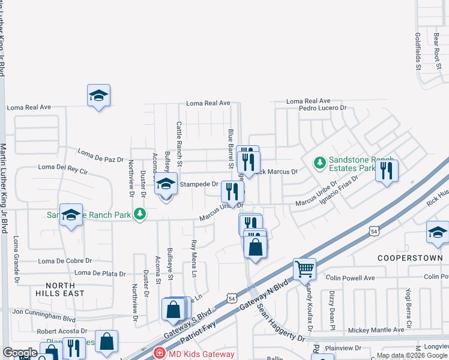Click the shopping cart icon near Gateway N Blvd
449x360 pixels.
coord(305,269)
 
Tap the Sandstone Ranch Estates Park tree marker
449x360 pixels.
coord(319,162)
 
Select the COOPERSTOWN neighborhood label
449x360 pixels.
coord(409,257)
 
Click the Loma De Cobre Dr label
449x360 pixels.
coord(65,261)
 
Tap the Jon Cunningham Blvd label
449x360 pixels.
coord(44,312)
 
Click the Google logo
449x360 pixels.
coord(19,353)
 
